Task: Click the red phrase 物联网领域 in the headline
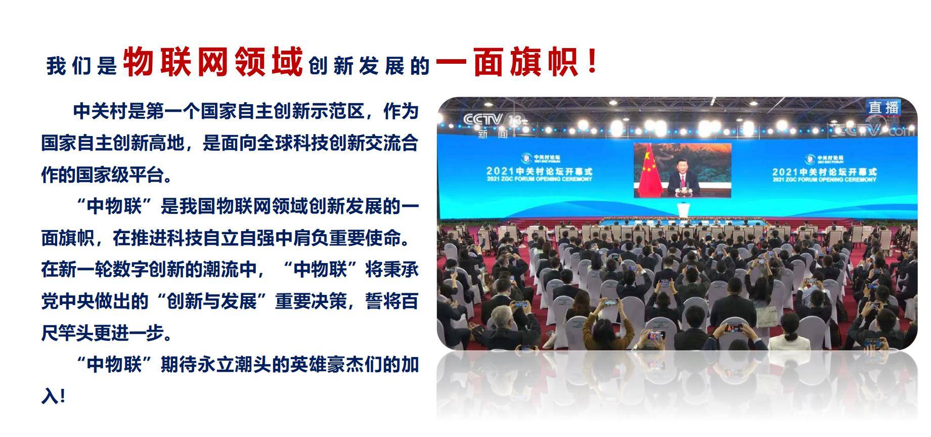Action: click(x=212, y=62)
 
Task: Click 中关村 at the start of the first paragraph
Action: click(x=100, y=111)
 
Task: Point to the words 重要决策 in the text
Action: click(x=311, y=301)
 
